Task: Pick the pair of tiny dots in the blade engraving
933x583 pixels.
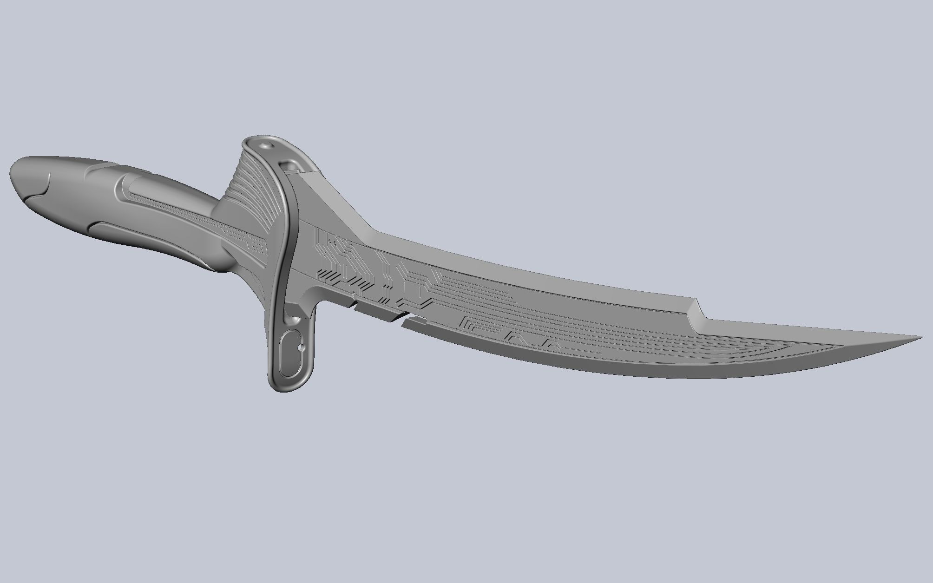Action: (331, 242)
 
